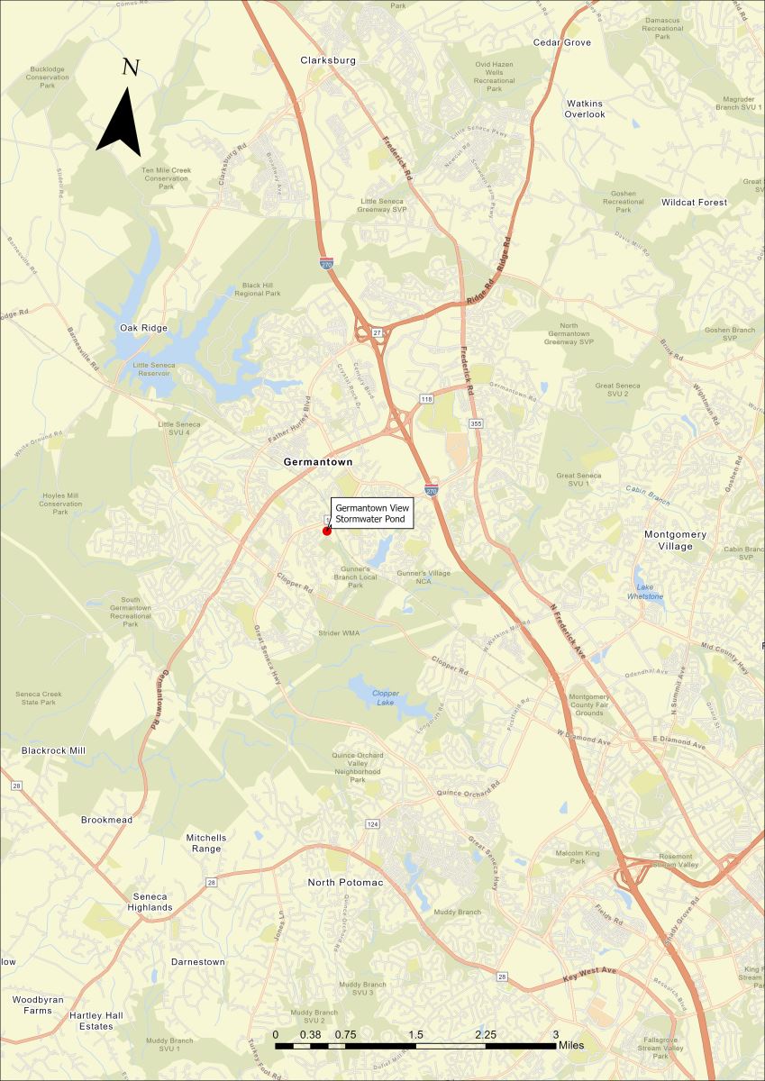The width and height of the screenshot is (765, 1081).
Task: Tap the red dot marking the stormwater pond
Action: (327, 531)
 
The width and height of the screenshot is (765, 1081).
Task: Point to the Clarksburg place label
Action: (328, 60)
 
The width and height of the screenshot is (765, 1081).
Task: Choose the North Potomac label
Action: (345, 882)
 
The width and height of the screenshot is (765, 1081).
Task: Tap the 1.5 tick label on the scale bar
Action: (415, 1034)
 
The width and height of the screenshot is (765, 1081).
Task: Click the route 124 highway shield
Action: (371, 824)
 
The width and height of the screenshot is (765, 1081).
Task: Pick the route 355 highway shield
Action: (473, 422)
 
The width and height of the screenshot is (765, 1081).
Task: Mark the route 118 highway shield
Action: (426, 397)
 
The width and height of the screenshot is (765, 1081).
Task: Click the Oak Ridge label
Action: (143, 328)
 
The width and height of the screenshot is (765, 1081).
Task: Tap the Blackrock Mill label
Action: (53, 750)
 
